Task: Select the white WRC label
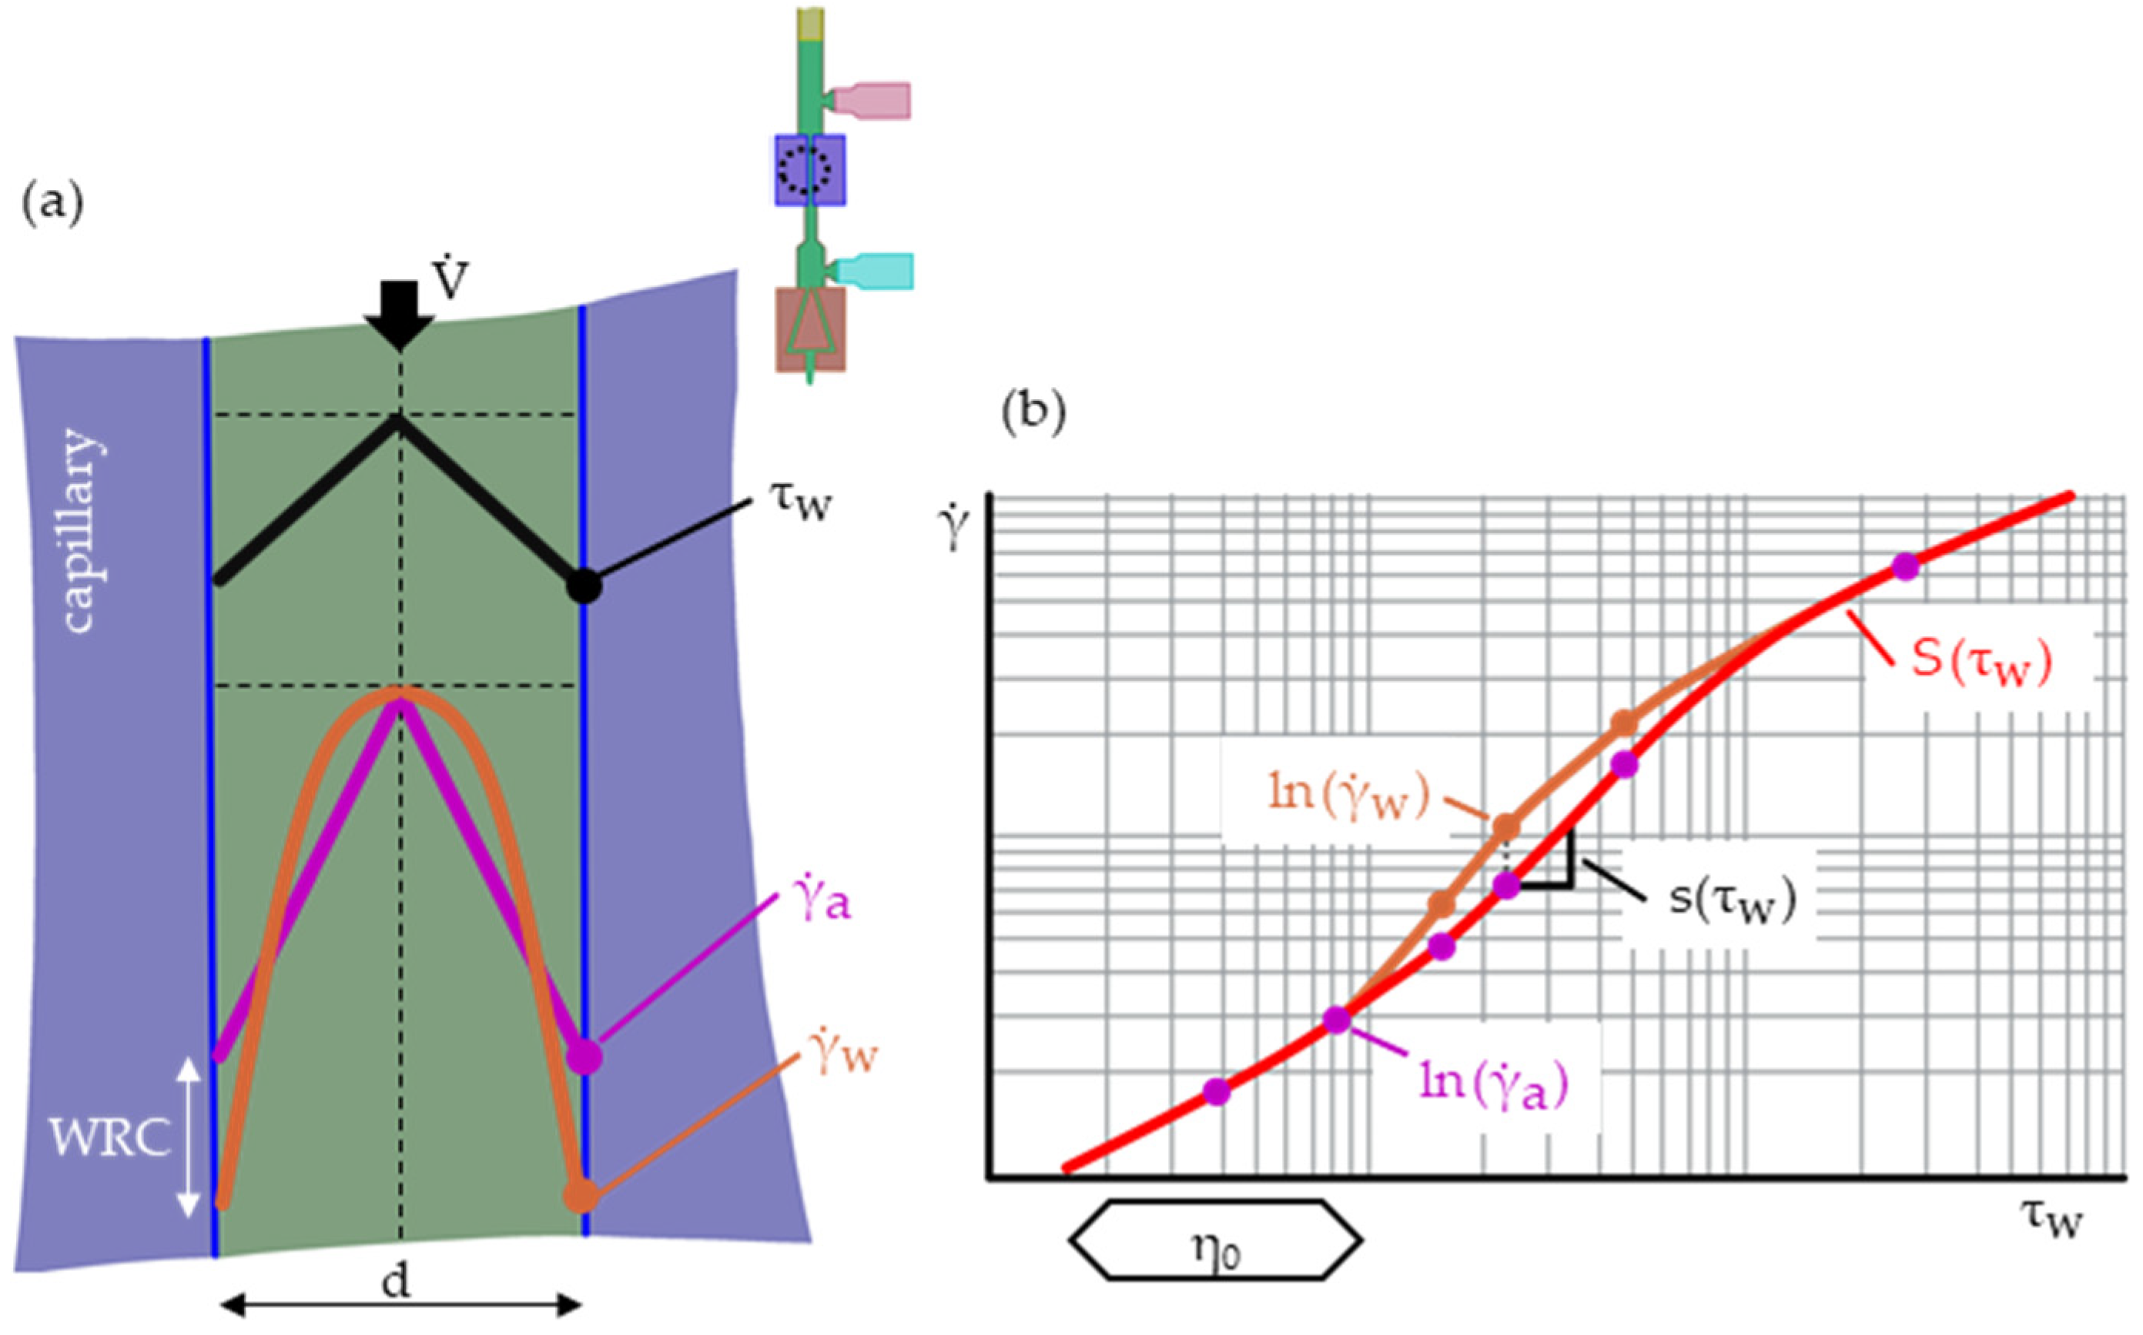point(109,1139)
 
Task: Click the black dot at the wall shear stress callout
point(583,586)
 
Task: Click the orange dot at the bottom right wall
point(581,1196)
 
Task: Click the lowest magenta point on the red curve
point(1217,1092)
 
